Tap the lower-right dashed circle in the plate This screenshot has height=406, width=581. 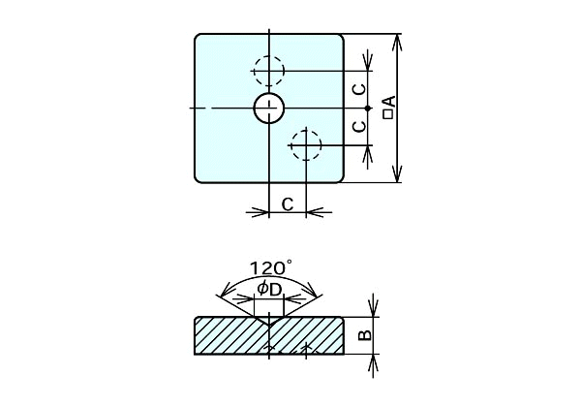tap(306, 145)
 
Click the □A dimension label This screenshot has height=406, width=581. tap(388, 108)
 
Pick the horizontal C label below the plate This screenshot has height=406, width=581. tap(288, 203)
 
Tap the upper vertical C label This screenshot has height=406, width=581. tap(358, 89)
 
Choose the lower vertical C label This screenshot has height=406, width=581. tap(358, 127)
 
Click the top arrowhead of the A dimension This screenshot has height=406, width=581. tap(396, 40)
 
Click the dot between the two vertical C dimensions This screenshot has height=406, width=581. tap(368, 108)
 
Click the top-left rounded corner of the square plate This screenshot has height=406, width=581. tap(199, 38)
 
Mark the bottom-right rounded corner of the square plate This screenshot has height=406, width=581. tap(341, 179)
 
